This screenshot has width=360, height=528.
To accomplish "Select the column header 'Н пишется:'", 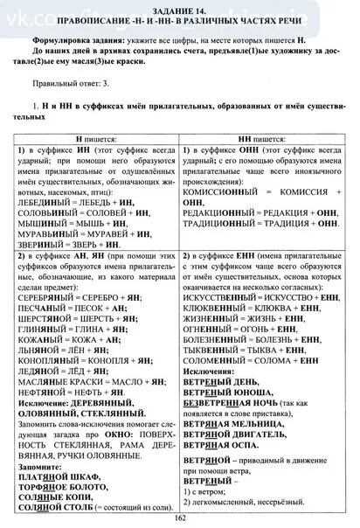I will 97,139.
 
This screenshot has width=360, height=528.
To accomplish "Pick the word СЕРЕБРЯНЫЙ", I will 46,295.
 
